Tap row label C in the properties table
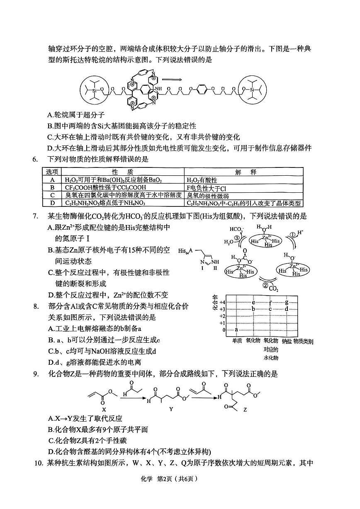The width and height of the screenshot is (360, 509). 52,196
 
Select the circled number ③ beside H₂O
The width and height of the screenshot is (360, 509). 236,238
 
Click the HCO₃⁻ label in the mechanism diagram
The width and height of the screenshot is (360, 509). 236,229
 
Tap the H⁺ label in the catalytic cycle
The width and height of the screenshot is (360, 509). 302,230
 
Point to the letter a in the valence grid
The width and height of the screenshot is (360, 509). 236,330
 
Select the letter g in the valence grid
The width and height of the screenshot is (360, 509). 287,302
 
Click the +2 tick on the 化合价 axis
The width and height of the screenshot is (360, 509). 222,316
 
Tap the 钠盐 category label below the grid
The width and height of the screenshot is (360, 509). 287,341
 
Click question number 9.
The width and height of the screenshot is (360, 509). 36,374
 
